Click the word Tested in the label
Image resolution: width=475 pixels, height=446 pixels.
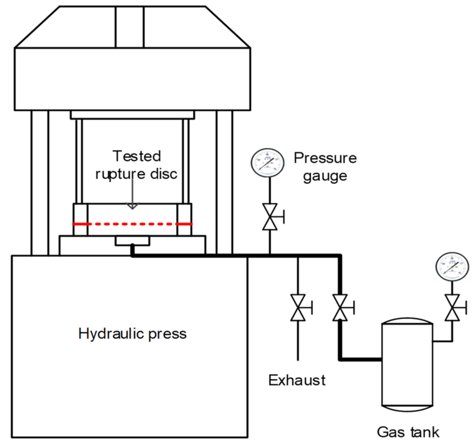click(x=137, y=156)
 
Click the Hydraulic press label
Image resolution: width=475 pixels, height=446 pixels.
click(x=132, y=334)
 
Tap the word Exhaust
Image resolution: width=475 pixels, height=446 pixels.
click(x=297, y=380)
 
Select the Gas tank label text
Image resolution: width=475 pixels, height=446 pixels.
click(x=408, y=432)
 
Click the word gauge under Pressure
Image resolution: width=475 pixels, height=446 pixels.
click(x=325, y=176)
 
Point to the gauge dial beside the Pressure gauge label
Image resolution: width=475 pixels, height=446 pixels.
click(x=267, y=163)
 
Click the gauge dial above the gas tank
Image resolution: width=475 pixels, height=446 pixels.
click(x=452, y=266)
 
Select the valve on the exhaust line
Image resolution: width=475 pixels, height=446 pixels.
click(x=298, y=308)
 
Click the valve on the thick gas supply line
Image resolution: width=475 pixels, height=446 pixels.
click(x=340, y=308)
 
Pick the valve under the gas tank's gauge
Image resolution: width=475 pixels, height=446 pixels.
click(x=452, y=308)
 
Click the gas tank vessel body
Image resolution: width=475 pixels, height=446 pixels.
click(x=407, y=365)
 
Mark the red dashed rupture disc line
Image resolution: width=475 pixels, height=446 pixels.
click(x=132, y=224)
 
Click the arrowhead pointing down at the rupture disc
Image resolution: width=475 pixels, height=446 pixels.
click(x=132, y=206)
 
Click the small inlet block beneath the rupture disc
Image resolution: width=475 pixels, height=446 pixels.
click(x=132, y=241)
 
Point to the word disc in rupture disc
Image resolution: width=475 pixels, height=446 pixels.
click(x=164, y=174)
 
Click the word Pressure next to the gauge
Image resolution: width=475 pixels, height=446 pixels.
click(x=325, y=158)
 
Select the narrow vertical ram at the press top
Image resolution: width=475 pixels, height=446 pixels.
click(x=130, y=27)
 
